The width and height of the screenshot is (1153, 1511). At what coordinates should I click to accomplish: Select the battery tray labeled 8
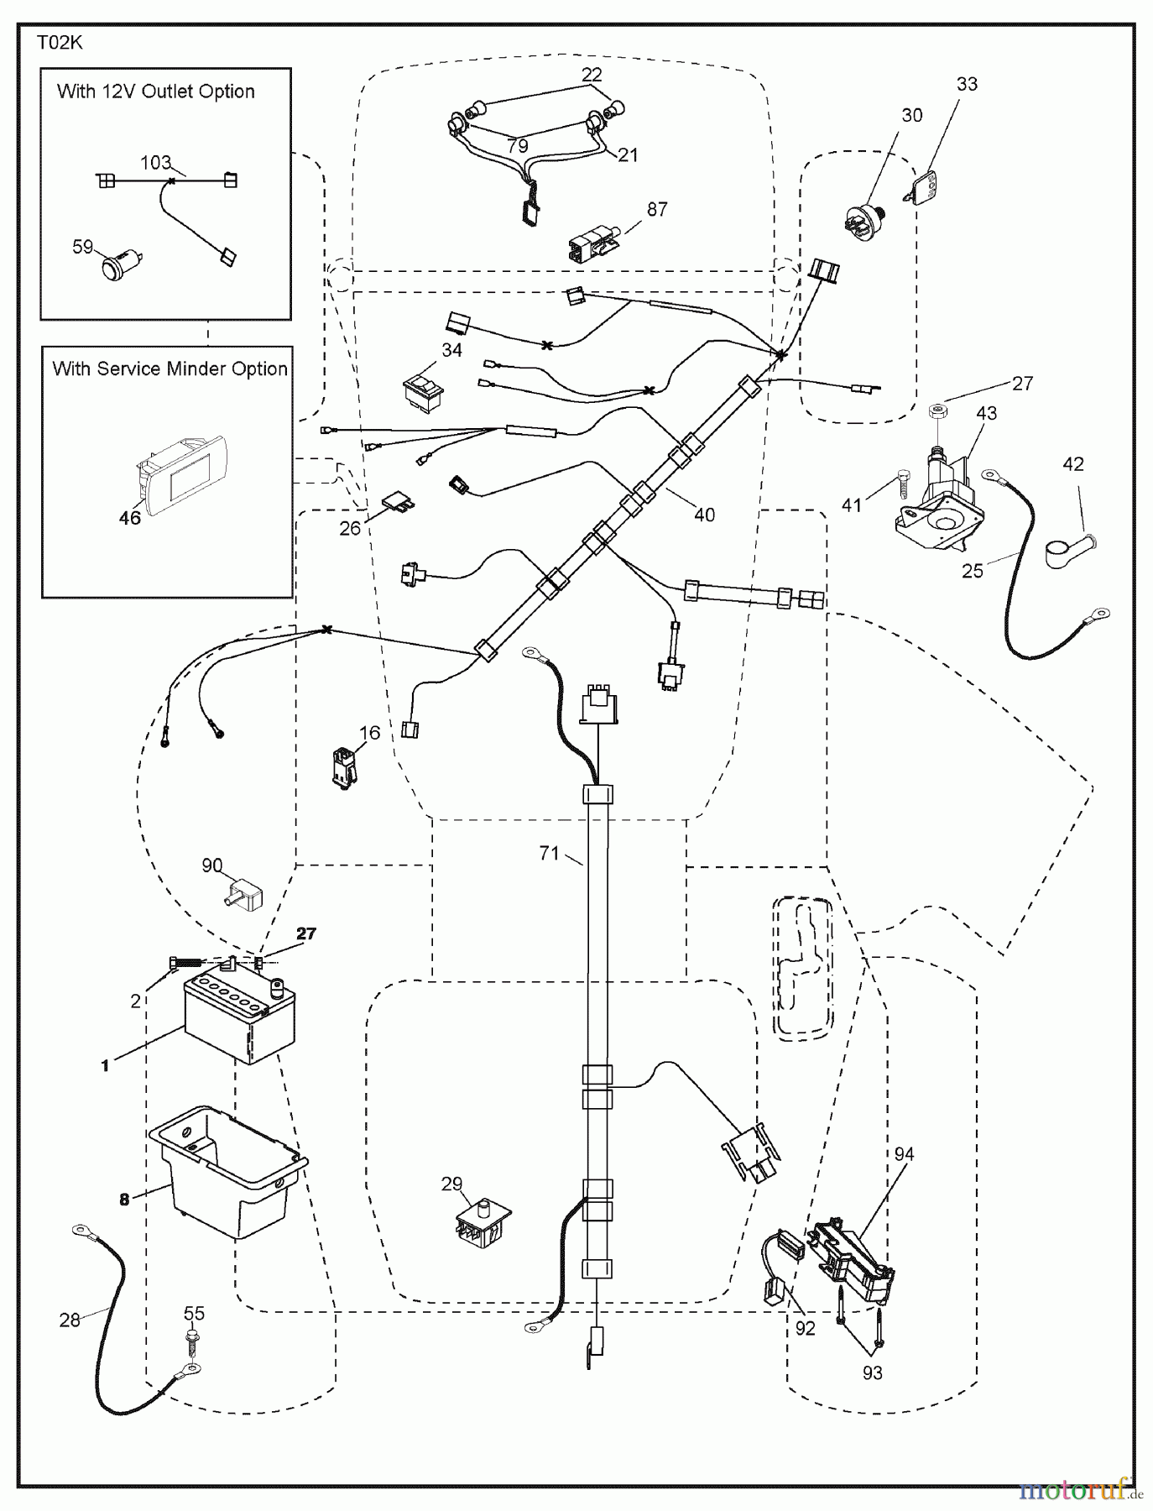(227, 1171)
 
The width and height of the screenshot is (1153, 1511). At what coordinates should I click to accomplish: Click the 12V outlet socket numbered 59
(117, 269)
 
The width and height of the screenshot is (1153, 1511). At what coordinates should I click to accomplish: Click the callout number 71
(549, 853)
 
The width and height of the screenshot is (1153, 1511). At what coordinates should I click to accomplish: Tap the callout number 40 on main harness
(704, 515)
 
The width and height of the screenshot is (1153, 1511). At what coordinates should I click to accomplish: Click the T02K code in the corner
(60, 43)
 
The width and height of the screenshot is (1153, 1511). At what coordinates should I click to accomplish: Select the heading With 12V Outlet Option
(156, 91)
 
